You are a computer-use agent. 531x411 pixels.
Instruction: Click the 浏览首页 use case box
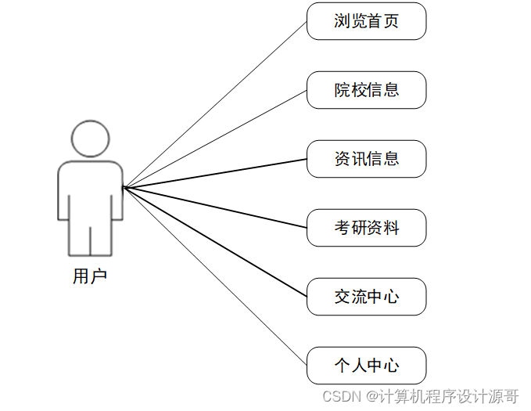click(x=366, y=21)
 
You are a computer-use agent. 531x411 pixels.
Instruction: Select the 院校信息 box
click(x=366, y=90)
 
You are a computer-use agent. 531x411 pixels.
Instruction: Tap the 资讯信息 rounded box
click(x=366, y=159)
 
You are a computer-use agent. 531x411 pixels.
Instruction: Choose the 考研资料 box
click(x=366, y=228)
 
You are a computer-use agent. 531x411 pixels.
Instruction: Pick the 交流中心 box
click(x=366, y=297)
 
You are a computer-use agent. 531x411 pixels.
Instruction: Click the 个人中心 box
click(x=366, y=366)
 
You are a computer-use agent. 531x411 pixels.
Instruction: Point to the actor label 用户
click(x=89, y=276)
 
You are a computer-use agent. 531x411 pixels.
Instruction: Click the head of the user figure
click(x=89, y=138)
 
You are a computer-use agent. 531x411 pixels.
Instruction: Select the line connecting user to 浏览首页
click(x=215, y=104)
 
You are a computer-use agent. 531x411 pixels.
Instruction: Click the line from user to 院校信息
click(x=215, y=139)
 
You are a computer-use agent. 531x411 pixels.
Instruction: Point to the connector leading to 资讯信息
click(x=215, y=173)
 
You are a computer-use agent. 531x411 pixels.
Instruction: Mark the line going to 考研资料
click(x=215, y=207)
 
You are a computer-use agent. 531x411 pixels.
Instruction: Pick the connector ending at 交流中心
click(x=215, y=242)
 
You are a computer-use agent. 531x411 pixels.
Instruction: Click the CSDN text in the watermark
click(x=339, y=396)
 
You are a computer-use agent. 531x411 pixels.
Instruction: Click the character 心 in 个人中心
click(x=391, y=366)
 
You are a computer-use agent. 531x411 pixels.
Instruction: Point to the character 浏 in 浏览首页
click(x=342, y=21)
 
